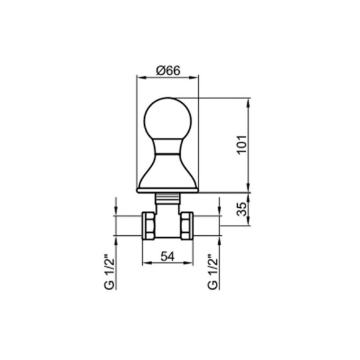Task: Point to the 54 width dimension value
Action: [x=167, y=257]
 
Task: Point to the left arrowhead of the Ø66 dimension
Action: [x=137, y=78]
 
